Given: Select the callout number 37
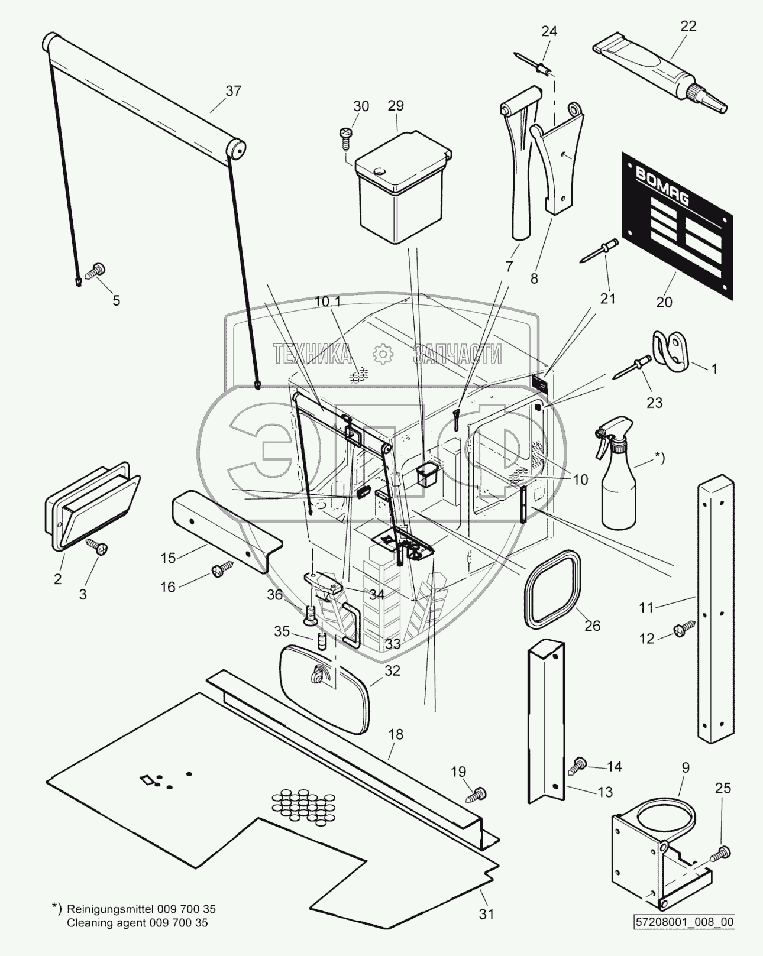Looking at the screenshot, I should [x=233, y=90].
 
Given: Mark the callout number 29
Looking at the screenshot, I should [x=395, y=106].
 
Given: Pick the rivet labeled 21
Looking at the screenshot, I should [x=599, y=249].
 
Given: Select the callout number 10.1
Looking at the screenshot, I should [x=327, y=302].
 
